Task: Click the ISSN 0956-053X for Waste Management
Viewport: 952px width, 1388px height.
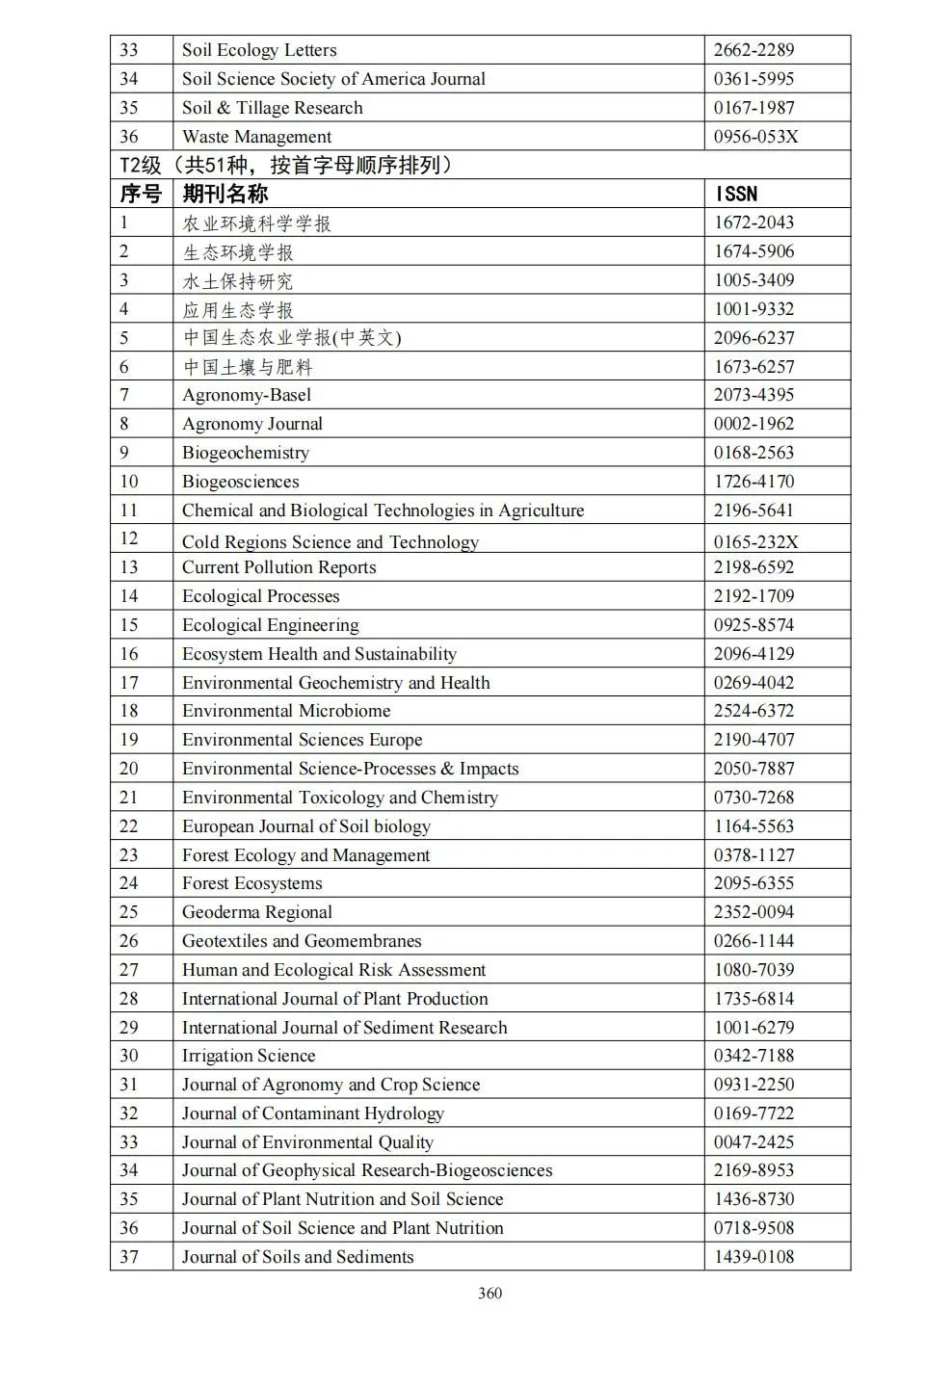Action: click(x=755, y=137)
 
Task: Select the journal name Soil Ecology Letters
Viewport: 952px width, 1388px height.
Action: click(x=259, y=50)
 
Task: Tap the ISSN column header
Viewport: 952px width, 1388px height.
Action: click(x=736, y=194)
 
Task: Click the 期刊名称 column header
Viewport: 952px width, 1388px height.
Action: click(x=225, y=194)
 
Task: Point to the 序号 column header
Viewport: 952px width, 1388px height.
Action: click(x=141, y=194)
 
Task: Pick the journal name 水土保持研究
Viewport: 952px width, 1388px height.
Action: click(x=237, y=281)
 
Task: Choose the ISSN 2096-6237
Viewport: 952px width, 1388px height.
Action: click(x=754, y=338)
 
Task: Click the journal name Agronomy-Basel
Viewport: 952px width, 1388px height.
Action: click(x=247, y=395)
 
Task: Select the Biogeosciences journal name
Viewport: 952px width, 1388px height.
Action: click(x=240, y=482)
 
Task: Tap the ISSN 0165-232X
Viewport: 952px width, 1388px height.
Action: click(x=755, y=541)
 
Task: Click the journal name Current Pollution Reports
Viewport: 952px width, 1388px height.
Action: click(x=278, y=567)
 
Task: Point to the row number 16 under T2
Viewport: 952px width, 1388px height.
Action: click(x=129, y=654)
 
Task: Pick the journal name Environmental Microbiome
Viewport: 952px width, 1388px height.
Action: click(x=286, y=711)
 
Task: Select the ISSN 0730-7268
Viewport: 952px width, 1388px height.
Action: click(x=754, y=798)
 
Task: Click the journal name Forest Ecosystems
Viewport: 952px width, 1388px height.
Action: click(x=251, y=883)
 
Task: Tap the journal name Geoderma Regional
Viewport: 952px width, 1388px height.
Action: click(x=256, y=912)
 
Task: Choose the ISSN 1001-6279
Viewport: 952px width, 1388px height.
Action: click(x=754, y=1028)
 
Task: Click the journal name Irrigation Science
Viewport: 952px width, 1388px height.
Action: click(x=249, y=1056)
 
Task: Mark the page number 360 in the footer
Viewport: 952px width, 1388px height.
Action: click(x=489, y=1294)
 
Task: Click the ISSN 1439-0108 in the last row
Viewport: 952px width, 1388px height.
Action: click(x=754, y=1257)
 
